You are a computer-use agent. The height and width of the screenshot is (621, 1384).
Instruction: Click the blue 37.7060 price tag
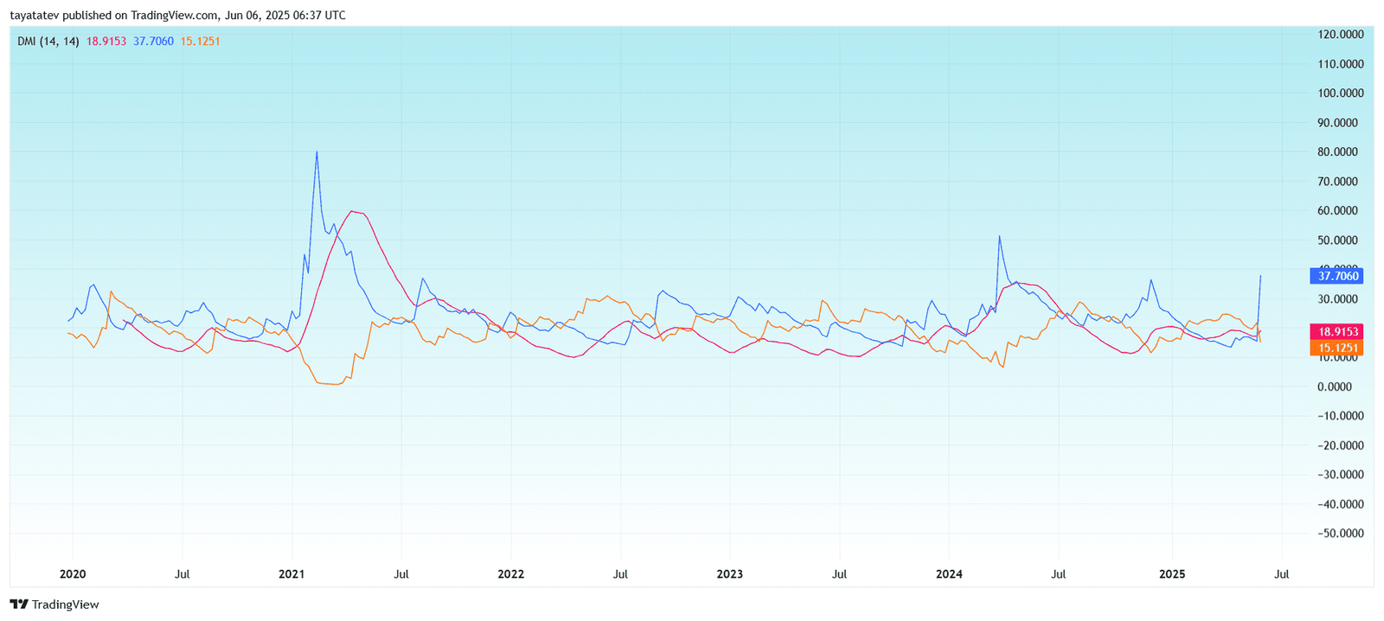click(x=1337, y=276)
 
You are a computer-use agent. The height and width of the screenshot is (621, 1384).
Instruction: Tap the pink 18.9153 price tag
click(x=1337, y=332)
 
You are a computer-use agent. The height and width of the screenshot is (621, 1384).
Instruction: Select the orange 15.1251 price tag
click(x=1337, y=348)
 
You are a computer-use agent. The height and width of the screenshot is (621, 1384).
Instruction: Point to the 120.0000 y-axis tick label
click(x=1340, y=35)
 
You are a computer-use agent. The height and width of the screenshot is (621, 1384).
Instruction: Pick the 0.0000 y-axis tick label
click(x=1343, y=387)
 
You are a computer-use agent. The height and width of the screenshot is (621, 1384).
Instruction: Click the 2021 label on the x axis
click(x=292, y=574)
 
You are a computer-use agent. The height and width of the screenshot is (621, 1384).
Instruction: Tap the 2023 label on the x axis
click(x=729, y=574)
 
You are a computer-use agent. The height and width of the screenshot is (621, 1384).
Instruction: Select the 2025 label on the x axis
click(x=1172, y=574)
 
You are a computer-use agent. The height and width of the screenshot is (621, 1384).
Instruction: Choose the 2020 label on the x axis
click(x=73, y=574)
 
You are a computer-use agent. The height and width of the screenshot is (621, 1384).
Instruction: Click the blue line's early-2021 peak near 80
click(x=317, y=152)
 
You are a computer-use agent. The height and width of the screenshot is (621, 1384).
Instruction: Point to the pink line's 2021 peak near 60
click(x=352, y=211)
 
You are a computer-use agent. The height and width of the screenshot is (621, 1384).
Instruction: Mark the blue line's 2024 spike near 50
click(x=999, y=236)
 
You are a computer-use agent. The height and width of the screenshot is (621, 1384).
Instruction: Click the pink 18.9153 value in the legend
click(x=106, y=42)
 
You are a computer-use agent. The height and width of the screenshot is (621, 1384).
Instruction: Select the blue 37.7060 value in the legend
click(x=153, y=42)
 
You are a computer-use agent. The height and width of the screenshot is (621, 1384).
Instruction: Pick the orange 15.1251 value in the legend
click(x=200, y=42)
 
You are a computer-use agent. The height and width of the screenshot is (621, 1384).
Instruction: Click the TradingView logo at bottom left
click(x=54, y=605)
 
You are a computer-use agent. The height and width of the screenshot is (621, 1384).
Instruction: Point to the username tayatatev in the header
click(x=34, y=16)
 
